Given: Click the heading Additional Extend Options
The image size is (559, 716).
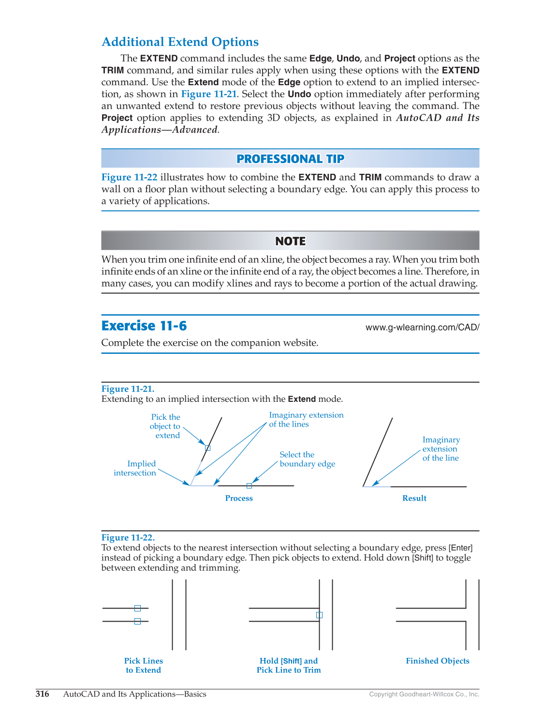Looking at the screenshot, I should tap(180, 42).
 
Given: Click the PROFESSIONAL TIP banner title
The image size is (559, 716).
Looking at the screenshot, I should tap(290, 159).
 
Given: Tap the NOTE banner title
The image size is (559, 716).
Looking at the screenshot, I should tap(290, 241).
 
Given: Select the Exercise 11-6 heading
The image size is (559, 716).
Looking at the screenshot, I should tap(144, 326).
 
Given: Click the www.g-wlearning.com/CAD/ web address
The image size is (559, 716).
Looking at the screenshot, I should tap(422, 327).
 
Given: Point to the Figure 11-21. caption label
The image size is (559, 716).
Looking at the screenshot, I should tap(128, 389).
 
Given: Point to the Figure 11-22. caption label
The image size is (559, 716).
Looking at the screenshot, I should tap(128, 537).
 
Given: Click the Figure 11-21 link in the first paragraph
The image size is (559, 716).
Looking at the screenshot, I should tap(209, 94).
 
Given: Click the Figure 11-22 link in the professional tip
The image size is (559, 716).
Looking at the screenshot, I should tap(129, 177).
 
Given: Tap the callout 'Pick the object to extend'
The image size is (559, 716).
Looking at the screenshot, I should tap(165, 426).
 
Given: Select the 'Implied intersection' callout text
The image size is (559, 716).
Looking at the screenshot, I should tap(135, 468).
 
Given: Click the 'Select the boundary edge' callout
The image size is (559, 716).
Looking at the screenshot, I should tap(307, 459).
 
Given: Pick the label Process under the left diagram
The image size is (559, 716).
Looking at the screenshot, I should tap(239, 498).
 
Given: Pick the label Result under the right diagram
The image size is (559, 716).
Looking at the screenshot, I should tap(414, 498).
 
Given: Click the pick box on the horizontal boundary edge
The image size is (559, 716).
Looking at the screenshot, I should tap(249, 486).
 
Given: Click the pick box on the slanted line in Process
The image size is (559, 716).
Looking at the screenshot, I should tap(207, 448).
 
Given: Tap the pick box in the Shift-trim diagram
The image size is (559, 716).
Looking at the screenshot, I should tap(319, 615).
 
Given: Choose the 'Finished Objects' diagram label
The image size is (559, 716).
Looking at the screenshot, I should tap(437, 661).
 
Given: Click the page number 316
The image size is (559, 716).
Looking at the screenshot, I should tap(42, 694).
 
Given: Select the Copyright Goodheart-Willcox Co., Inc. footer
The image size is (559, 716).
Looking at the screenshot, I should tap(424, 694).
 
